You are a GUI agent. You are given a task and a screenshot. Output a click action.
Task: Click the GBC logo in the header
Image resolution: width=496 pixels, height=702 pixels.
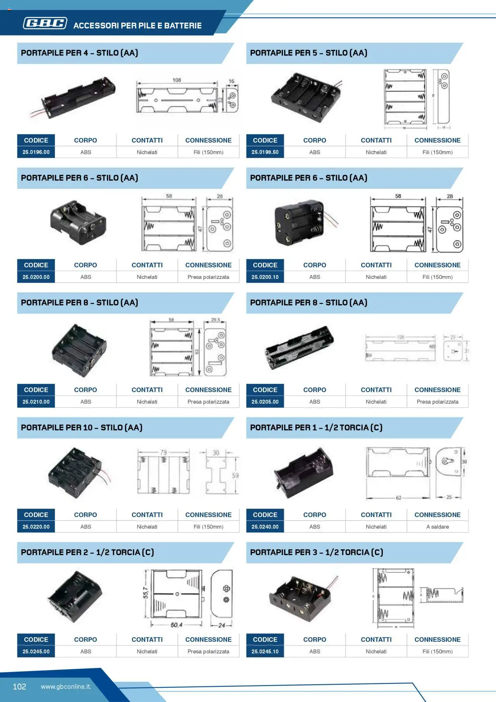tap(45, 23)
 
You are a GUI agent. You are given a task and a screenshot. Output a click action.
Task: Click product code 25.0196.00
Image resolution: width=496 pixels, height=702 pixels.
tap(36, 152)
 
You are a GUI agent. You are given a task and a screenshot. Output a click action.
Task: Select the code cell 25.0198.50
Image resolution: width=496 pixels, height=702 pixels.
tap(265, 152)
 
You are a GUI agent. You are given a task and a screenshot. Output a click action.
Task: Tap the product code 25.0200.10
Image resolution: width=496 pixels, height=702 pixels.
tap(265, 277)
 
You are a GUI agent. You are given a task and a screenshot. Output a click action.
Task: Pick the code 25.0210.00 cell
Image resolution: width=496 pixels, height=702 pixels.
tap(36, 402)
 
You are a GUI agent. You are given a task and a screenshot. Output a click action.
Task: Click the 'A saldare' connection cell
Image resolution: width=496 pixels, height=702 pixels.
tap(437, 526)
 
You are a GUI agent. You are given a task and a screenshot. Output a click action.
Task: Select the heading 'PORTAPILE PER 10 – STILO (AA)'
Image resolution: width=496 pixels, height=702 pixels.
tap(82, 428)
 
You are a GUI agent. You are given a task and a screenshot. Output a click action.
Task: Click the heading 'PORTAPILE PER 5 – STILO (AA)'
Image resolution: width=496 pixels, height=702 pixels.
tap(308, 53)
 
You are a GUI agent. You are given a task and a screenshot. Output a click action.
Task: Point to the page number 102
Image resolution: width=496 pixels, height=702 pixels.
tap(19, 686)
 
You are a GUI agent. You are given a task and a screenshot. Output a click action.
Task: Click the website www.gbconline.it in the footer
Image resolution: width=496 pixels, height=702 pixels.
tap(65, 686)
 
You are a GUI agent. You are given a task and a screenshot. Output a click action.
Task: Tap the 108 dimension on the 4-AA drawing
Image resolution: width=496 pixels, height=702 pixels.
tap(177, 80)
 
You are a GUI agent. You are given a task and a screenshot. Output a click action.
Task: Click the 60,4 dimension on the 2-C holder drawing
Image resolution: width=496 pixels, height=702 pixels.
tap(176, 625)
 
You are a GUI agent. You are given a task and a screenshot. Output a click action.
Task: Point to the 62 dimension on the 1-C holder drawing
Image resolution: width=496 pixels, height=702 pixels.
tap(398, 498)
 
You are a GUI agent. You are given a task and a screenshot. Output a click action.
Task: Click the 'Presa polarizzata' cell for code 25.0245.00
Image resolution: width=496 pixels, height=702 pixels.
tap(208, 651)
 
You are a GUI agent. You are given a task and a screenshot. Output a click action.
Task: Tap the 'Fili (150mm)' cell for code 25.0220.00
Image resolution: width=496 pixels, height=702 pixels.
tap(208, 526)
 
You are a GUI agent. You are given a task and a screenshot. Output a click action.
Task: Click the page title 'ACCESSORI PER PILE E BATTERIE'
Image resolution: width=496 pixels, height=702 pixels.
tap(138, 26)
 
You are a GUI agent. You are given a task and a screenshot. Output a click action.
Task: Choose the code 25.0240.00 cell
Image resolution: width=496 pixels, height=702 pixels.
tap(265, 526)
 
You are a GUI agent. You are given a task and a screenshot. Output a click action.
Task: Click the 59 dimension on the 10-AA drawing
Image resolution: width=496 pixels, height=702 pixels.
tap(235, 475)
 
